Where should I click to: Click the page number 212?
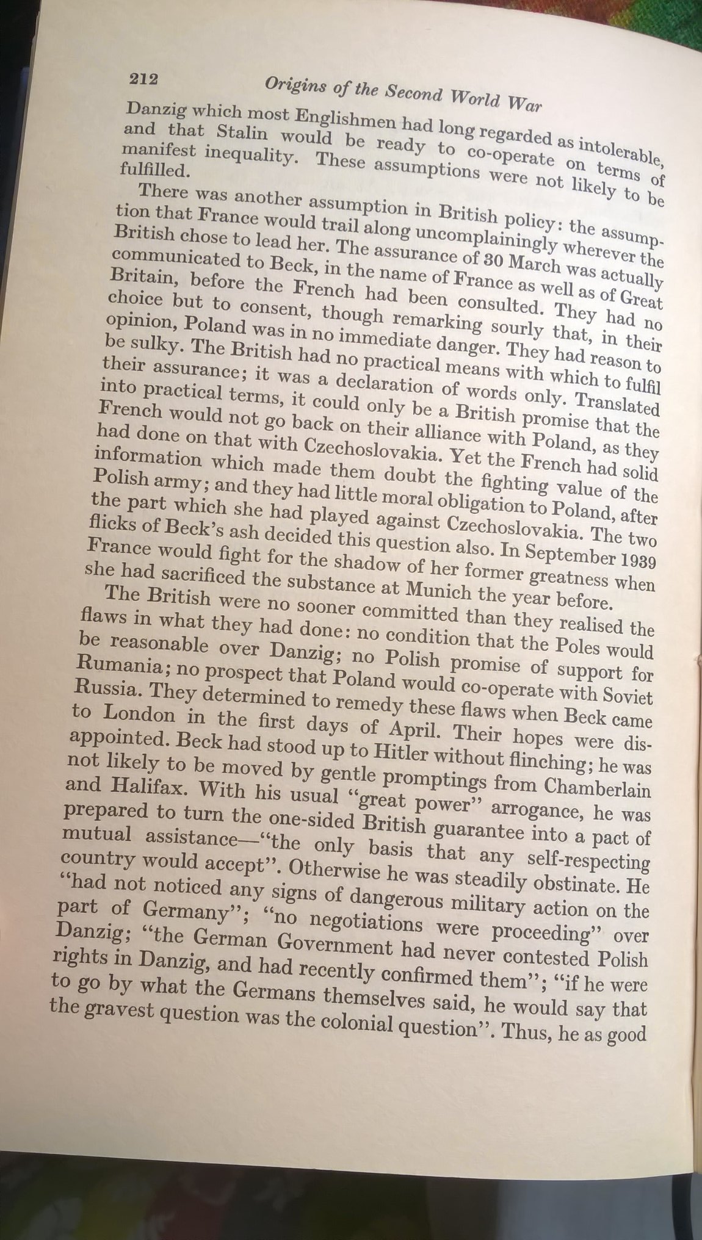point(143,79)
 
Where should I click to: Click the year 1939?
point(636,561)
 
